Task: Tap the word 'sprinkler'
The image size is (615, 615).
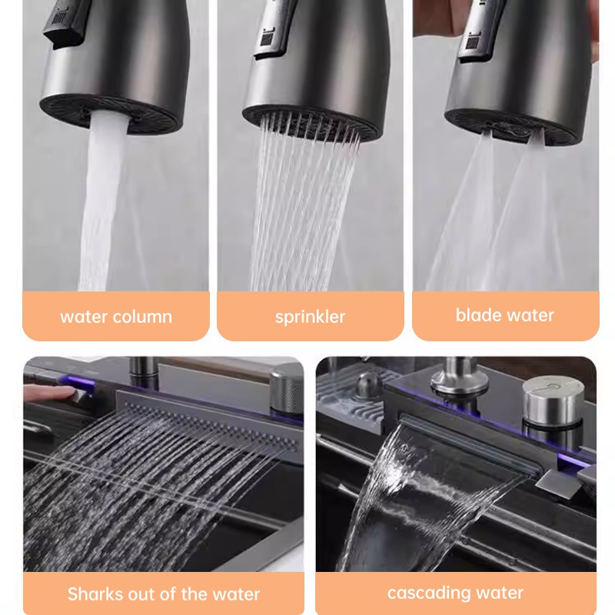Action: tap(310, 317)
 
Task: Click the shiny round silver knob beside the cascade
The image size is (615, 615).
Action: tap(553, 400)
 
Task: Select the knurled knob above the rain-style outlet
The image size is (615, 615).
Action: tap(286, 391)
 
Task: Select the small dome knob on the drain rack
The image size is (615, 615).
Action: tap(367, 384)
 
